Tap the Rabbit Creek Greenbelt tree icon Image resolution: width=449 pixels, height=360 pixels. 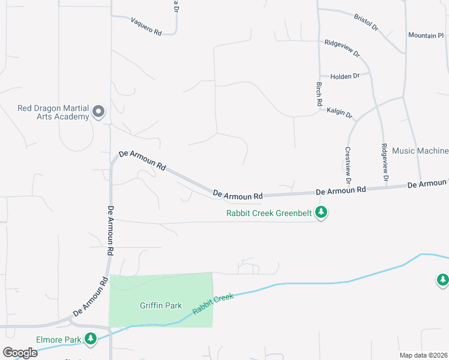click(321, 212)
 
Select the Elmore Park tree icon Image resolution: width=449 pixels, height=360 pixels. click(91, 339)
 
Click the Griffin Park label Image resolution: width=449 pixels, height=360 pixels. click(161, 305)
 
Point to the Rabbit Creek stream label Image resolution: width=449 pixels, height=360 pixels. click(212, 304)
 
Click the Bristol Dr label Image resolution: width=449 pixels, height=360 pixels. click(366, 23)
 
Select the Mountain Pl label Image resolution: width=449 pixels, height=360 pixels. click(426, 35)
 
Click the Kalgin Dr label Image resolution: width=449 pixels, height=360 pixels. click(339, 111)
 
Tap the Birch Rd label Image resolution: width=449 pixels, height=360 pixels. click(319, 95)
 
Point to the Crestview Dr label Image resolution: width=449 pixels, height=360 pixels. click(348, 165)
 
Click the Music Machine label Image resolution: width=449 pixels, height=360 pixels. click(420, 151)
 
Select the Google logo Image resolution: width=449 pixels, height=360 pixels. click(20, 353)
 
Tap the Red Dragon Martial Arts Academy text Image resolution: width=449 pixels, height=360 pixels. click(53, 112)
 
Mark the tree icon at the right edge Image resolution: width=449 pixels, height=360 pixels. click(442, 280)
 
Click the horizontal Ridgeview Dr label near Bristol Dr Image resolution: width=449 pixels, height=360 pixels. click(342, 48)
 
